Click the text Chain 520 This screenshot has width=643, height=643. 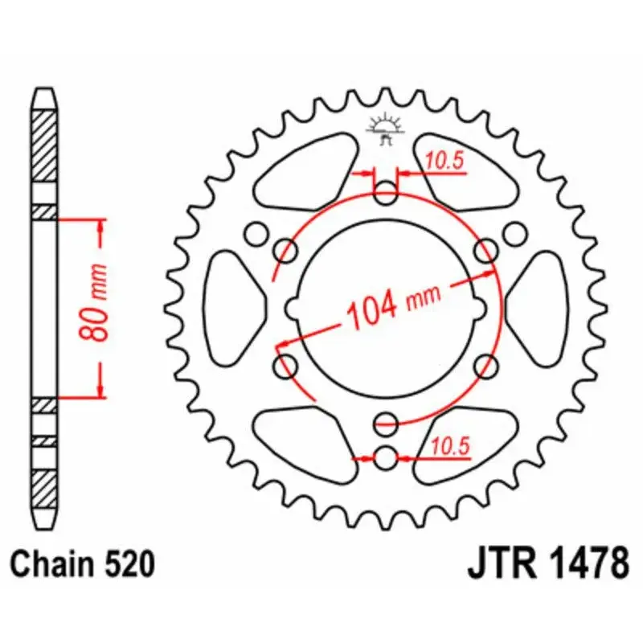pyautogui.click(x=82, y=564)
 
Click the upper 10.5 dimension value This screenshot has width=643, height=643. pyautogui.click(x=444, y=162)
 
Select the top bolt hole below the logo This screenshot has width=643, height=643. pyautogui.click(x=386, y=192)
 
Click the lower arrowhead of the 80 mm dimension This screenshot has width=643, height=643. pyautogui.click(x=100, y=389)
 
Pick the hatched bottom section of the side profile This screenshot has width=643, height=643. pyautogui.click(x=44, y=482)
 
